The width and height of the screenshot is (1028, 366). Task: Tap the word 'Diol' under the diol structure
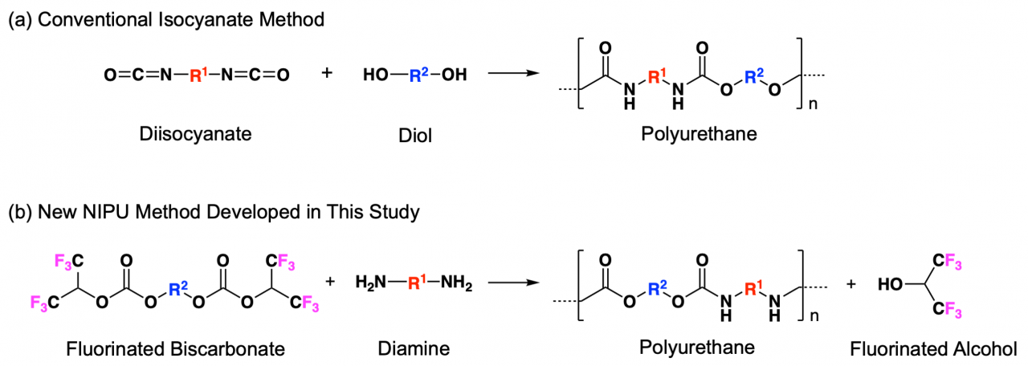[x=414, y=134]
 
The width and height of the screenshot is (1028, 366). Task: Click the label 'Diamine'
[x=414, y=348]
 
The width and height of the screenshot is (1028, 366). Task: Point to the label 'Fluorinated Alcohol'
[x=934, y=348]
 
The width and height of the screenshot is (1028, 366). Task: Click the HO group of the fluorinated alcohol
[x=891, y=285]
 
